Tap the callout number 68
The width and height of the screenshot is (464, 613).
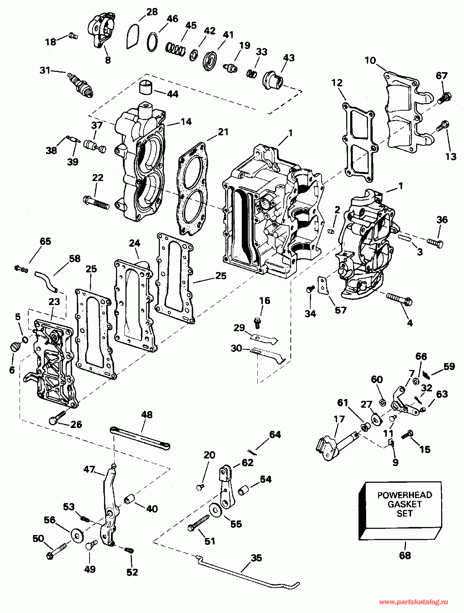405,555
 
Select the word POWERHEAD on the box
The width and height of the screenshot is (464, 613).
405,495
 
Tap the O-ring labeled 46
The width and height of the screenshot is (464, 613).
152,42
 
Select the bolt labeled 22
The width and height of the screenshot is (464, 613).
96,202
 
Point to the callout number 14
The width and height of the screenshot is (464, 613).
186,122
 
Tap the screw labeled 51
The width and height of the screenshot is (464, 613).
199,523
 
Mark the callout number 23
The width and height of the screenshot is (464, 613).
54,301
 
